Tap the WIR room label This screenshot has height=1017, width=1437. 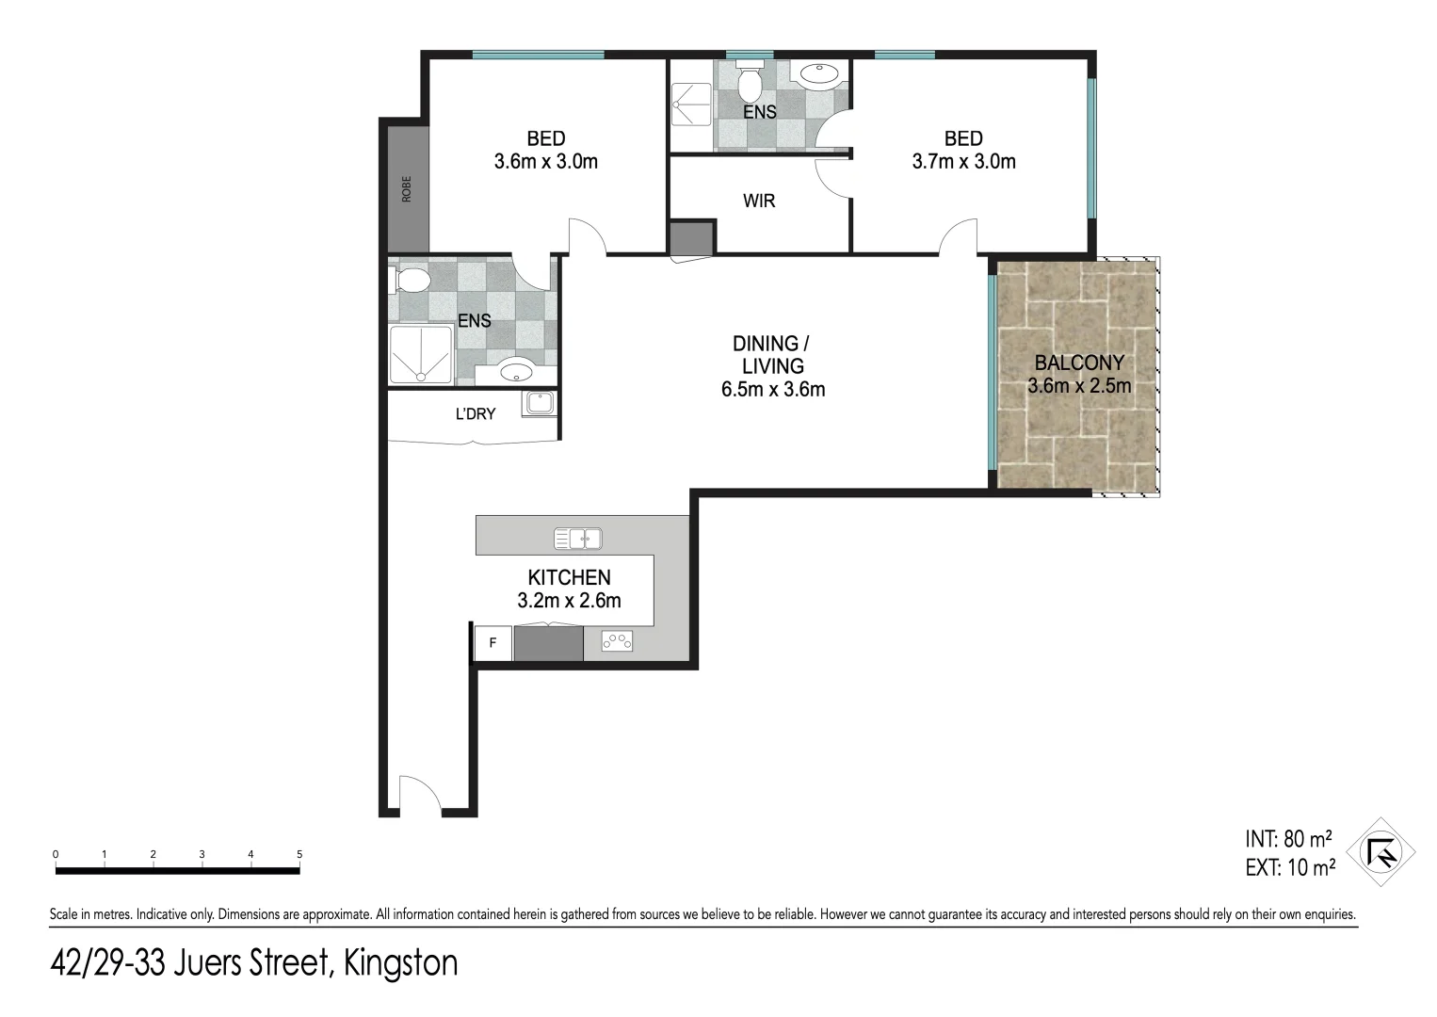coord(759,201)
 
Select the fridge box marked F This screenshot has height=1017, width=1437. coord(492,644)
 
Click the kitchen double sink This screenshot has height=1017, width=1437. coord(578,539)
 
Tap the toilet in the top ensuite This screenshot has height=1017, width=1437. coord(750,84)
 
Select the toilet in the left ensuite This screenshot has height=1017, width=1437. coord(410,280)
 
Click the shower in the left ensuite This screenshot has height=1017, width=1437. coord(420,354)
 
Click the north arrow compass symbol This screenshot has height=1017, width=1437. coord(1381,852)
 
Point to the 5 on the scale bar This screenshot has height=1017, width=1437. coord(299,854)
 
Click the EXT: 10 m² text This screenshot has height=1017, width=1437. coord(1289,867)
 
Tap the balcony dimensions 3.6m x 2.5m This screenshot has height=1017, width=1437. coord(1079,385)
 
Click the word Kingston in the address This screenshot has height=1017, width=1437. coord(401,963)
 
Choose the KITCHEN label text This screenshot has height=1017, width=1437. coord(569,577)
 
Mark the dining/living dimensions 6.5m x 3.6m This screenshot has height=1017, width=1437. coord(773,389)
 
